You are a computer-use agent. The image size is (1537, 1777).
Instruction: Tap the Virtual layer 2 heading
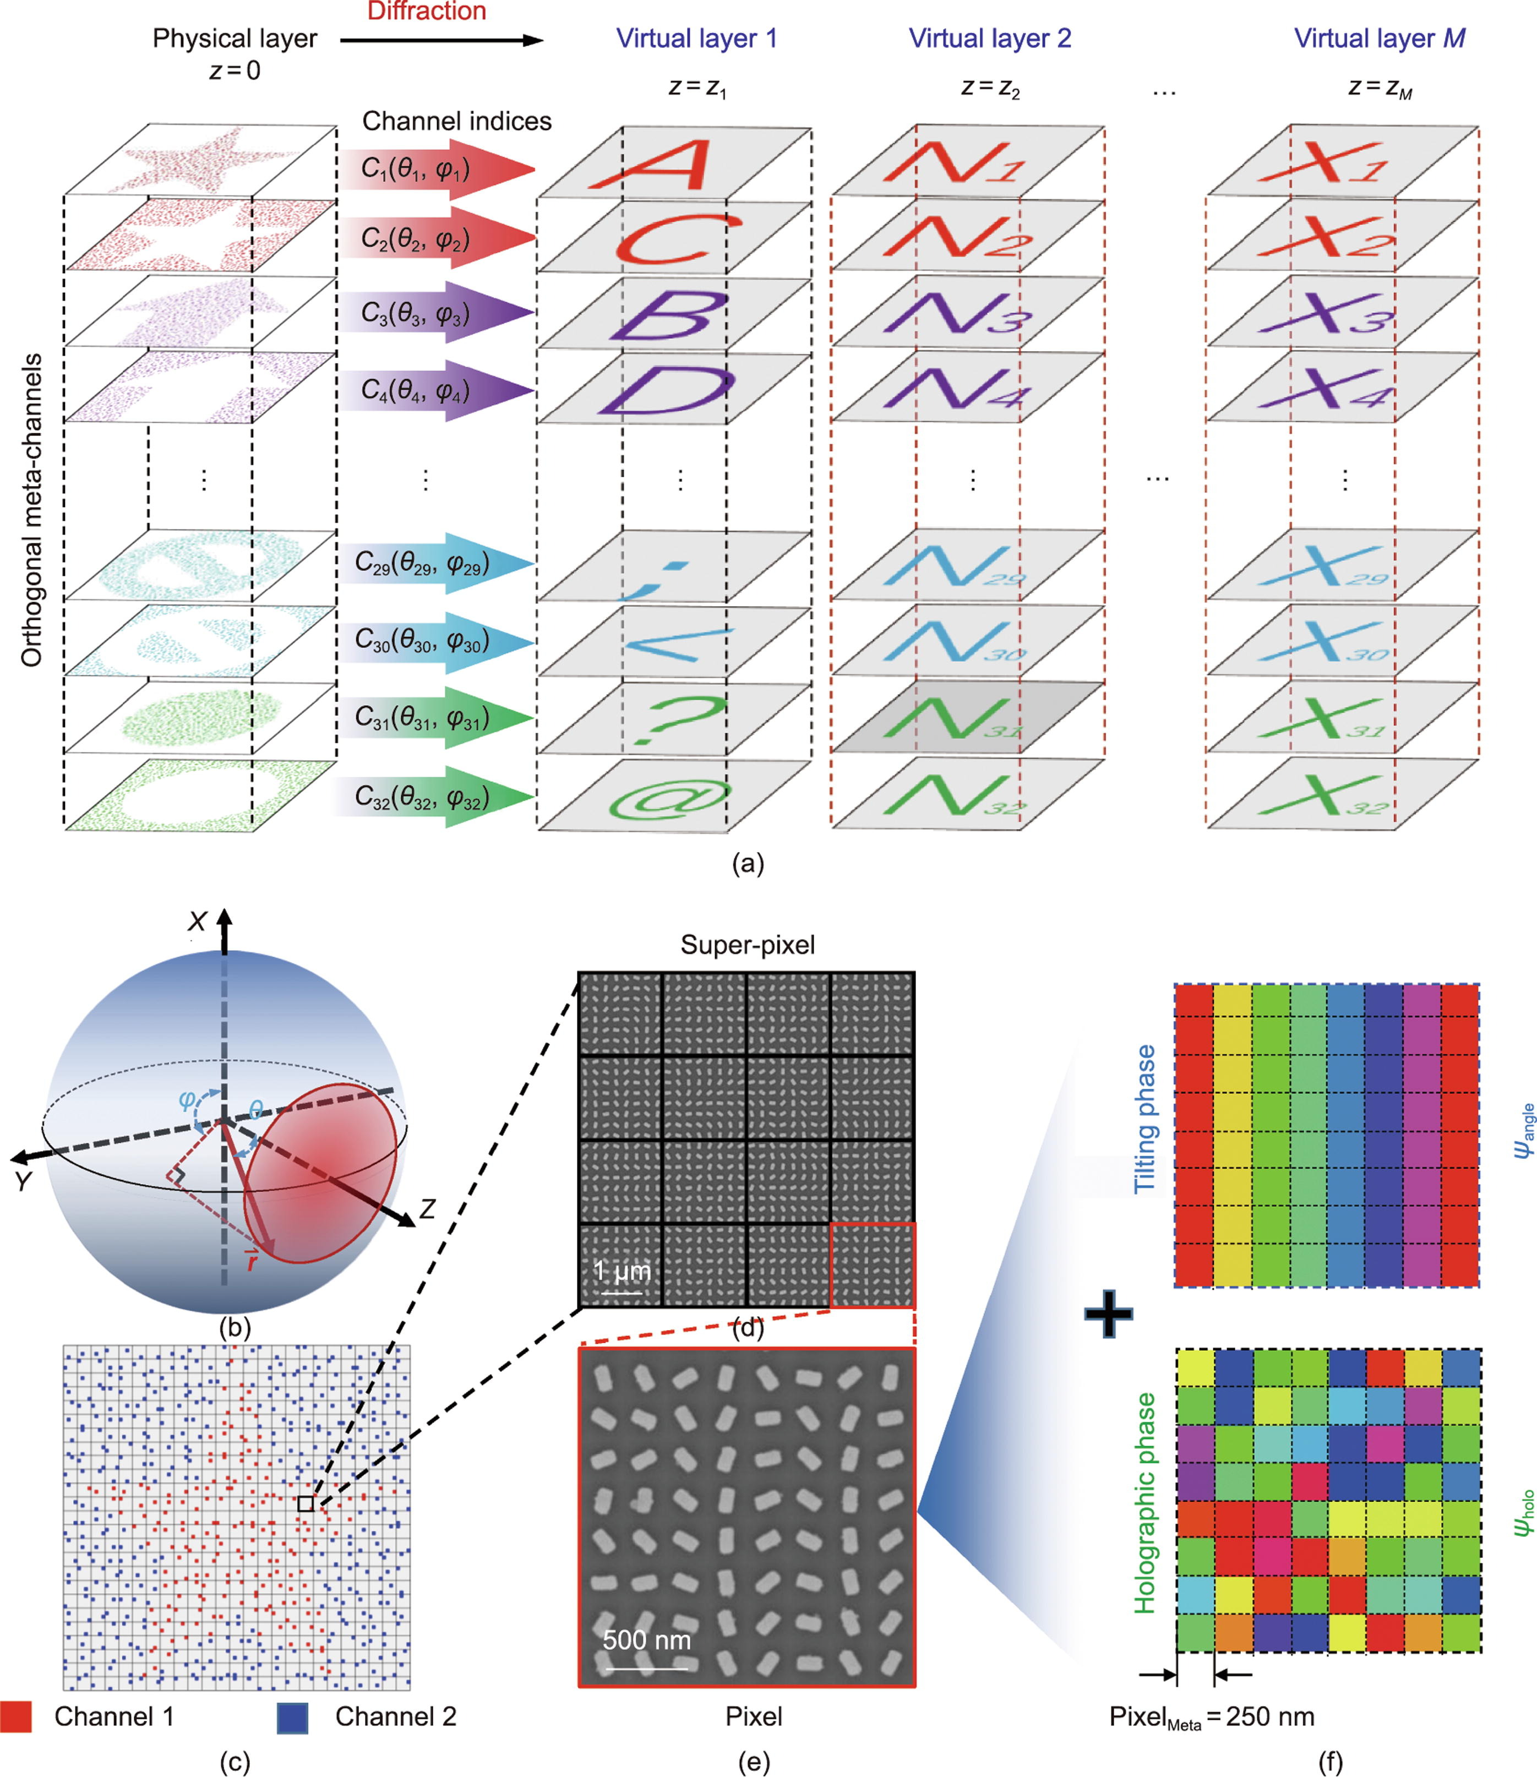pos(990,39)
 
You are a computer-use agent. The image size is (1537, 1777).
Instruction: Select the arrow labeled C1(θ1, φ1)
pos(438,169)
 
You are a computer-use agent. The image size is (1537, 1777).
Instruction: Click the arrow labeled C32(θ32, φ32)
pos(438,798)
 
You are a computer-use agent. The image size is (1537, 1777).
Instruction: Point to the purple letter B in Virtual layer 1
pos(670,315)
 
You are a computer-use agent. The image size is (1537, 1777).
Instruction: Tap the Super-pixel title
pos(747,945)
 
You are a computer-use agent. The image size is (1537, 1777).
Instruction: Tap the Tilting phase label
pos(1145,1119)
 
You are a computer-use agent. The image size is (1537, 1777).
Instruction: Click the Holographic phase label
pos(1145,1502)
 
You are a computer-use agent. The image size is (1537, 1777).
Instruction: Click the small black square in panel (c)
pos(306,1503)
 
